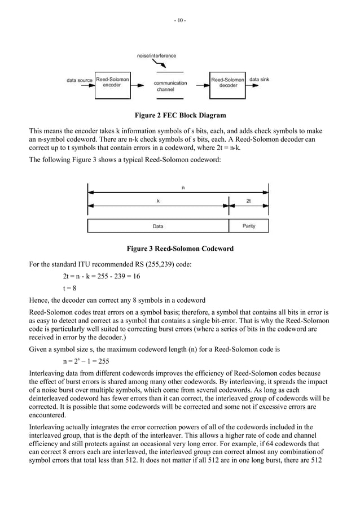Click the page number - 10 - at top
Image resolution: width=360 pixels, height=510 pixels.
tap(180, 21)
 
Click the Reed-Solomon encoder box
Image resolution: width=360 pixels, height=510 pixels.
tap(112, 82)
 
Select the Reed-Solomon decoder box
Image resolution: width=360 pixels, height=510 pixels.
tap(228, 82)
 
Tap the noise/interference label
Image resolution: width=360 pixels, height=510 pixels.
tap(157, 56)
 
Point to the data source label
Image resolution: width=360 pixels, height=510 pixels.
tap(80, 80)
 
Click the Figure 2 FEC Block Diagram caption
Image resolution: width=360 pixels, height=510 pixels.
tap(179, 116)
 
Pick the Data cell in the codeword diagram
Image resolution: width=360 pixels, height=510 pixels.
tap(158, 226)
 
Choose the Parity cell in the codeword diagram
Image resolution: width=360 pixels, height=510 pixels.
tap(248, 226)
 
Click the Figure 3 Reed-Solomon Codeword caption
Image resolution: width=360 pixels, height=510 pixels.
tap(179, 249)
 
